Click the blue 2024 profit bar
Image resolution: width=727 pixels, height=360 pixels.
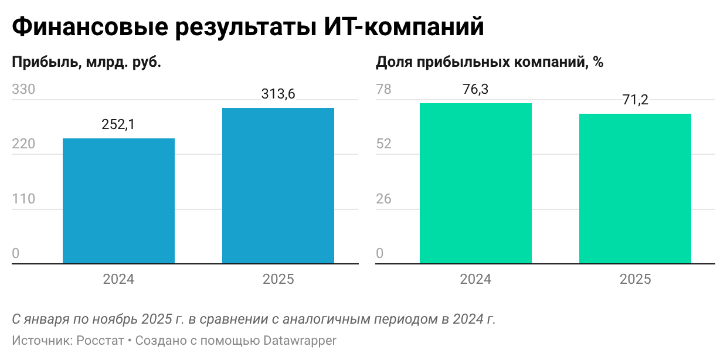(118, 201)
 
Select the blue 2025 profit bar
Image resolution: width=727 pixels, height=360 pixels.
(278, 186)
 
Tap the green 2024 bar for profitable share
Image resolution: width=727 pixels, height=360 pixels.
(475, 184)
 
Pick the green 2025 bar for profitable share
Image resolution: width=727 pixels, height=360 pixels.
(635, 189)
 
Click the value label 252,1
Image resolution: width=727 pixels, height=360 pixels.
(118, 124)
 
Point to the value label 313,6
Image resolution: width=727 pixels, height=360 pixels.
(278, 94)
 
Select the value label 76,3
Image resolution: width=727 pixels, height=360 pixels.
(475, 89)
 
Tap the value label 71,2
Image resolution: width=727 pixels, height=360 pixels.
(635, 100)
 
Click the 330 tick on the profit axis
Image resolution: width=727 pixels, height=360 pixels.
(24, 90)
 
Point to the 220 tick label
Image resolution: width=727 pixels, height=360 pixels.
(24, 144)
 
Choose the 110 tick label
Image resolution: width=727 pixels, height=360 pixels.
(23, 199)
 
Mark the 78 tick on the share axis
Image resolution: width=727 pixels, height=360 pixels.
(383, 90)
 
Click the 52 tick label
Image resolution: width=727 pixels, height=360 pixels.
(383, 144)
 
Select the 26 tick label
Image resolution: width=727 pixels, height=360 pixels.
(383, 199)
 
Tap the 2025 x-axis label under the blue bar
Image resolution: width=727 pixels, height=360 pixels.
(278, 279)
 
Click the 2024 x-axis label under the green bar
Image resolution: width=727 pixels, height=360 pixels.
(475, 279)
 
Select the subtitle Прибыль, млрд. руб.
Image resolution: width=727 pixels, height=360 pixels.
(87, 62)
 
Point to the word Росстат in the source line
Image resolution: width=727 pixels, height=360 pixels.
(100, 341)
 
